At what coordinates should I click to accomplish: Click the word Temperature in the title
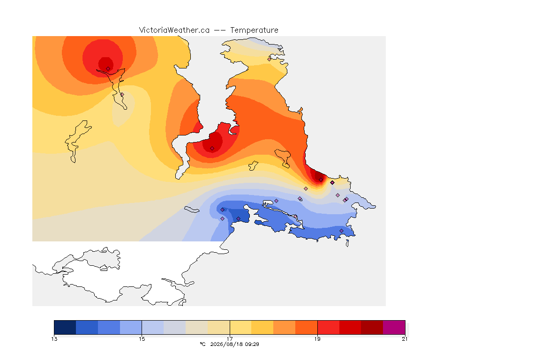point(254,30)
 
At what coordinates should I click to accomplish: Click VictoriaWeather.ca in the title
point(174,30)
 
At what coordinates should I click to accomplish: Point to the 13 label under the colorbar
point(54,339)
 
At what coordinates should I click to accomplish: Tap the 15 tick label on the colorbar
point(142,339)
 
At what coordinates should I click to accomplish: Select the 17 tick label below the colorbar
point(230,339)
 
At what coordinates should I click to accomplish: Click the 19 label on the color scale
point(317,339)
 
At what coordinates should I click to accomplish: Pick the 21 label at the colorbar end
point(405,339)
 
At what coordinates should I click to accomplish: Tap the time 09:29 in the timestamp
point(251,344)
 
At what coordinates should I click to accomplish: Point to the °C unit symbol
point(203,344)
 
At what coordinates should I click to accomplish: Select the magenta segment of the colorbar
point(394,327)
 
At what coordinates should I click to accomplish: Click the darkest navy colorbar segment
point(65,327)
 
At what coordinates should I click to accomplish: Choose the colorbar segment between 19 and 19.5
point(328,327)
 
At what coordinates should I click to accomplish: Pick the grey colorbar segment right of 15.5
point(174,327)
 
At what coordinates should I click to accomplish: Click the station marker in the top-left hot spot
point(108,69)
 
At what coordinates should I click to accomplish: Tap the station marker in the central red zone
point(212,149)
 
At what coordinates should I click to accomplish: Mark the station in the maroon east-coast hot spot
point(321,180)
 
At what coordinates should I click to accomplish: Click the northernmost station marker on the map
point(270,59)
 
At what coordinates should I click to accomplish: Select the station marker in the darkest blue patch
point(238,219)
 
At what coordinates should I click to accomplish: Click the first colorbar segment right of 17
point(240,327)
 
